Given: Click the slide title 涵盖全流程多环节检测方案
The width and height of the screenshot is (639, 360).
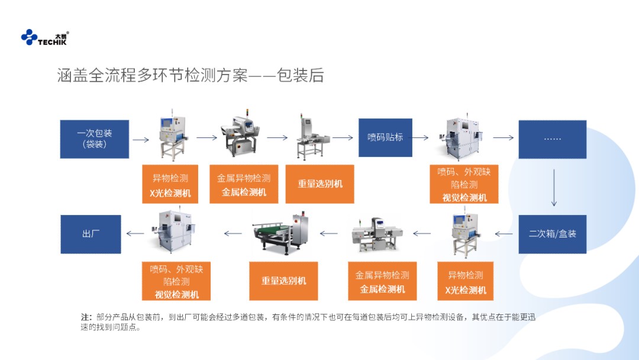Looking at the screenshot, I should coord(190,76).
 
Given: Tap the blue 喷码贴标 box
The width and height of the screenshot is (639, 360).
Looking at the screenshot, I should coord(385,137).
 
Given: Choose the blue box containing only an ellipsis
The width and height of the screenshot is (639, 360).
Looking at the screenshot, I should coord(552,139).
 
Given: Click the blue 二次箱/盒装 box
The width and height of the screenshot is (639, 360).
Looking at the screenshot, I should coord(552,234).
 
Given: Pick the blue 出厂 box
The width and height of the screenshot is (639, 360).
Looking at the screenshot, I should coord(91,234).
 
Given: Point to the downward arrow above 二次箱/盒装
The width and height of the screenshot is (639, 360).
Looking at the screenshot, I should coord(554,187).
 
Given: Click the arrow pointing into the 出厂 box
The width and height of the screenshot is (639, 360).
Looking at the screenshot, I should coord(135,233).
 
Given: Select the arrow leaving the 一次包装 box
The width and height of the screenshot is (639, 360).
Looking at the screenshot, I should coord(141,140).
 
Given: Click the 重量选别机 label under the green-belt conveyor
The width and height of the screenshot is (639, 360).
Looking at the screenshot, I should coord(284,281).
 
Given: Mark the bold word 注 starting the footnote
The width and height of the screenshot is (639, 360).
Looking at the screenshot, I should coord(86,317).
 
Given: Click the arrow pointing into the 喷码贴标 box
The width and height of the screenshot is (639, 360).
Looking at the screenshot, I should coord(343,137).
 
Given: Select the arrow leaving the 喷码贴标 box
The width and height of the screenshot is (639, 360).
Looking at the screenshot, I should coord(421,137).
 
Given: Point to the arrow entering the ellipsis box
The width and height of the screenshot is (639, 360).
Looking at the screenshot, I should coord(503,138).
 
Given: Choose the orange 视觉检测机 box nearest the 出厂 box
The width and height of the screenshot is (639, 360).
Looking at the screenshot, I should coord(177,281).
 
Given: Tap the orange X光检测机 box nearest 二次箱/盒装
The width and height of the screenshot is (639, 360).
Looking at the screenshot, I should coord(466,282).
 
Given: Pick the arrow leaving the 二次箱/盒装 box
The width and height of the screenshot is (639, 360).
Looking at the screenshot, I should coord(504,233).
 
